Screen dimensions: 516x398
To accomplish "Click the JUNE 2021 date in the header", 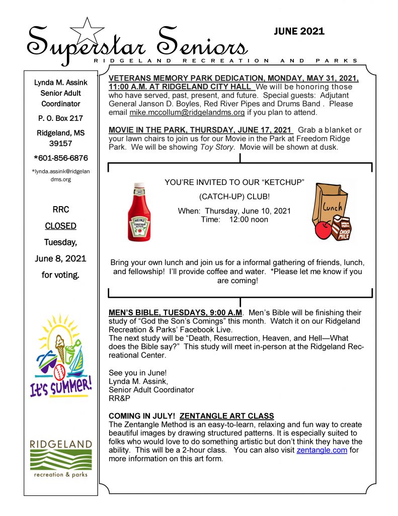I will tap(299, 31).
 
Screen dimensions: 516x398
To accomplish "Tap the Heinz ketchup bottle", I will tap(139, 212).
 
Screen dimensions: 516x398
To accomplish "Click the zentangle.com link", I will tap(322, 450).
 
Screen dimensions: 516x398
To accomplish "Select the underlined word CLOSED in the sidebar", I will tap(60, 226).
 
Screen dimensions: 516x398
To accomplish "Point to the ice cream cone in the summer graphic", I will tap(61, 345).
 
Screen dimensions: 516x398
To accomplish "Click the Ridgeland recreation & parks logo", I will tap(60, 459).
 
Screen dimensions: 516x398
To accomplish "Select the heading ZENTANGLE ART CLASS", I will tap(226, 416).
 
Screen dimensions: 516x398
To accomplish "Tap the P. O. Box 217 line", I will tap(61, 118).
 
